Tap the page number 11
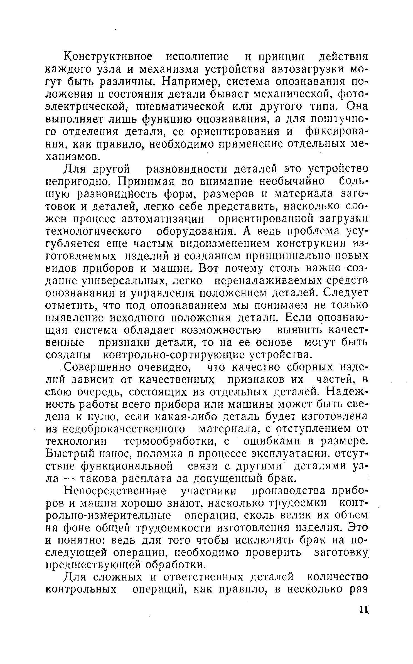point(363,609)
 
